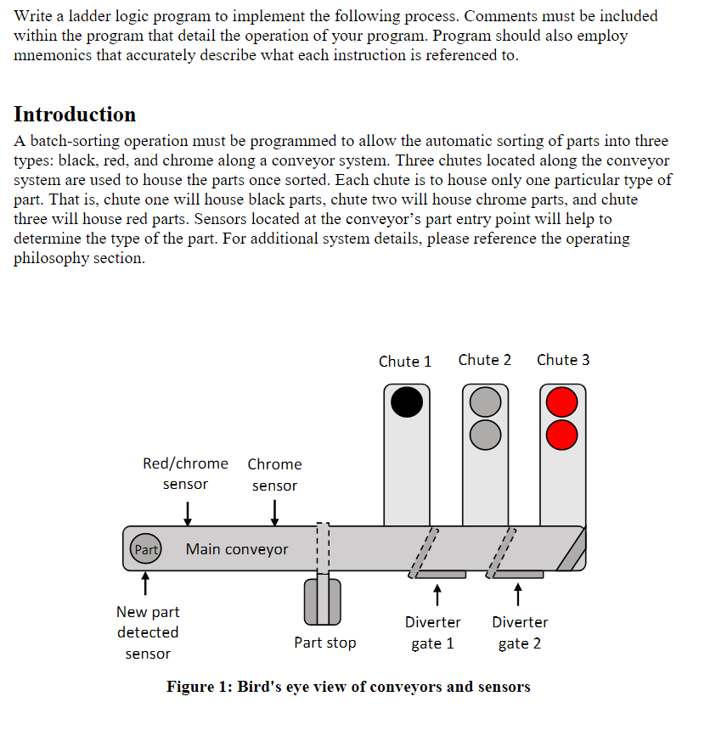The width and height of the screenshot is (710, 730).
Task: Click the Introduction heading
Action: coord(75,115)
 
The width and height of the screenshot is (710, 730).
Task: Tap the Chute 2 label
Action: coord(484,360)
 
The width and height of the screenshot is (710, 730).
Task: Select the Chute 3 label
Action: coord(563,360)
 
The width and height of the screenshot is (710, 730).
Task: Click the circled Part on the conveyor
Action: coord(146,549)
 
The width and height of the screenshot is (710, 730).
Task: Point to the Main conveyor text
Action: coord(237,549)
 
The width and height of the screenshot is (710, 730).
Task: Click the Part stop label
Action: coord(325,643)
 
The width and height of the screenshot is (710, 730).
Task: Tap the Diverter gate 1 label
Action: coord(433,632)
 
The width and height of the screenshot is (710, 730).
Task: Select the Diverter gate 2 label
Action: coord(520,632)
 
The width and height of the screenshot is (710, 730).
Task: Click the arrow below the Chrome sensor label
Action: coord(274,513)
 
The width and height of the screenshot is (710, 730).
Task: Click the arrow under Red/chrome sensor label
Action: coord(187,513)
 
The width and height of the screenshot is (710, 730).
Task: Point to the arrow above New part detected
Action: coord(145,583)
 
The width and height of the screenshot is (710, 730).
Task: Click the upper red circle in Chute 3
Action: coord(561,401)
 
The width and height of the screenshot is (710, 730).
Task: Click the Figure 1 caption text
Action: coord(348,687)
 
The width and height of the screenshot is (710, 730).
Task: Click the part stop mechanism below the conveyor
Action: coord(322,599)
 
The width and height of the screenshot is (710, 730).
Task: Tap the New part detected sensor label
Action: coord(148,632)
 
